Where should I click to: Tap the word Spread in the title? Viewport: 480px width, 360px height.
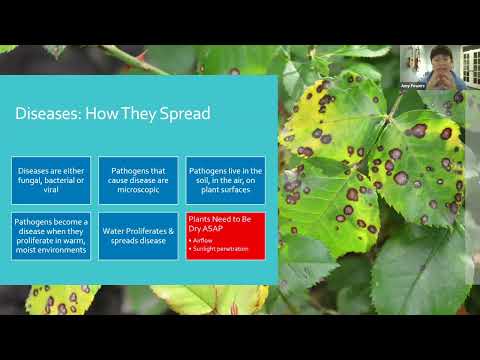point(186,114)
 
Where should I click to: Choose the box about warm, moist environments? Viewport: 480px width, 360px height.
point(52,235)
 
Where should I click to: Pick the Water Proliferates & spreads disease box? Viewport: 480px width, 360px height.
point(138,235)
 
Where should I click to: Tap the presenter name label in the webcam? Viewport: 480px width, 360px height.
point(413,86)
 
